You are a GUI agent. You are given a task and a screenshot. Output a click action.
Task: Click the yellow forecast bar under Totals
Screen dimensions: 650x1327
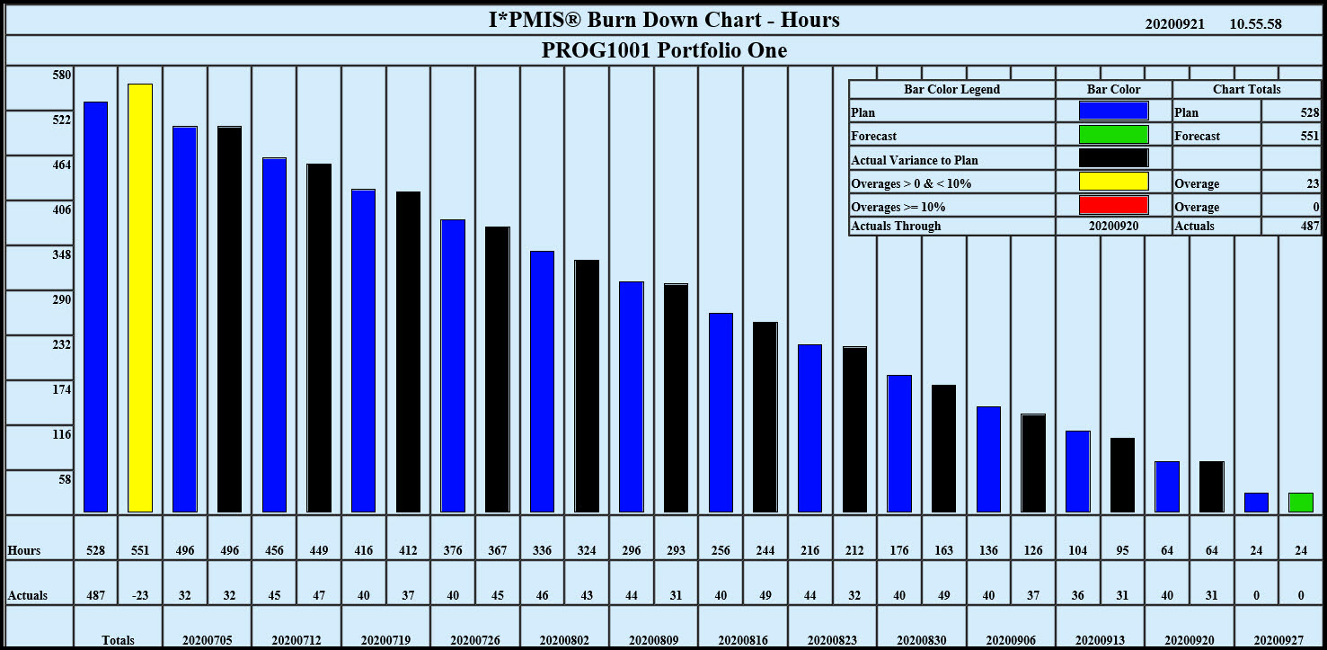(x=140, y=298)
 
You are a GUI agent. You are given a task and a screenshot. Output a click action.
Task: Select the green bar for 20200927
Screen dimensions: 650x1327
(x=1300, y=503)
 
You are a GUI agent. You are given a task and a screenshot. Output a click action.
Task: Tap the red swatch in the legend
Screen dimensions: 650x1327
(x=1113, y=205)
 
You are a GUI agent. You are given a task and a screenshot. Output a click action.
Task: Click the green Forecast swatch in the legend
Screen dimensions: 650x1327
(x=1113, y=135)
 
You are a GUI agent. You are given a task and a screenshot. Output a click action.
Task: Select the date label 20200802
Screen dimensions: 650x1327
(x=564, y=640)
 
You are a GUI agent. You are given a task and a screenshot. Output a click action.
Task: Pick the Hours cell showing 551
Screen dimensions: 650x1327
(x=140, y=550)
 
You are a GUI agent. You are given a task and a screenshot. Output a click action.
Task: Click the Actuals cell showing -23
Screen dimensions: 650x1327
(x=140, y=595)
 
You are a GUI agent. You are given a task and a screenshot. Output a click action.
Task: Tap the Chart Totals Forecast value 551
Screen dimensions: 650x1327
(x=1310, y=136)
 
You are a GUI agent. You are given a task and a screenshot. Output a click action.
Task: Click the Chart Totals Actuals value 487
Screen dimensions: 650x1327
(x=1310, y=226)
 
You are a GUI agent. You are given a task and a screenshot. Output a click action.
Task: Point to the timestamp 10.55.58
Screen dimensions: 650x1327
(x=1255, y=24)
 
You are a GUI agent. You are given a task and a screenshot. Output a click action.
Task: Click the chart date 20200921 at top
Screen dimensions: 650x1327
(x=1174, y=24)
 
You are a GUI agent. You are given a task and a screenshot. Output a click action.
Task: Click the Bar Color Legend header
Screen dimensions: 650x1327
(x=951, y=89)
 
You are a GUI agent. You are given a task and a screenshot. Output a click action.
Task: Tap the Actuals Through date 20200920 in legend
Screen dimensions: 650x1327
(x=1113, y=226)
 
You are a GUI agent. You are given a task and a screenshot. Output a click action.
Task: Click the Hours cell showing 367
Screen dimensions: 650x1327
(x=497, y=550)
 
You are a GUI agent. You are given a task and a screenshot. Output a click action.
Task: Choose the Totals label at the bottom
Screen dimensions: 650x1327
(x=118, y=640)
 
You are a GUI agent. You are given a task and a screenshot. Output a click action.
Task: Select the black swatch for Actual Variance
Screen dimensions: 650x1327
(x=1113, y=158)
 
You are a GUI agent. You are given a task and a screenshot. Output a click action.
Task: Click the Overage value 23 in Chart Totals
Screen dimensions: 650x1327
(x=1313, y=183)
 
